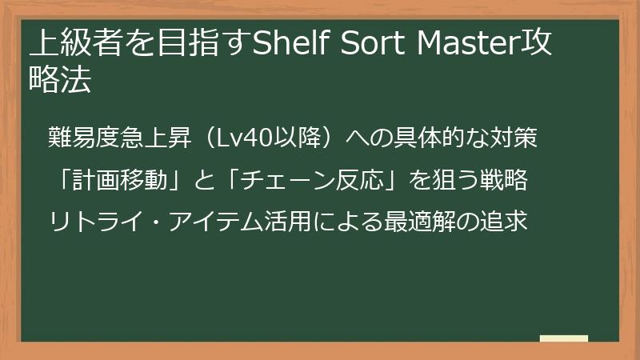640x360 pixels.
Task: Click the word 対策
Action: tap(516, 138)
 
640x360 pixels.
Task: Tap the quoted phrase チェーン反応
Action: tap(308, 181)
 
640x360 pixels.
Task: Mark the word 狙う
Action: tap(450, 181)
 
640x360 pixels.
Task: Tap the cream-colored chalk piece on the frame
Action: tap(563, 339)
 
